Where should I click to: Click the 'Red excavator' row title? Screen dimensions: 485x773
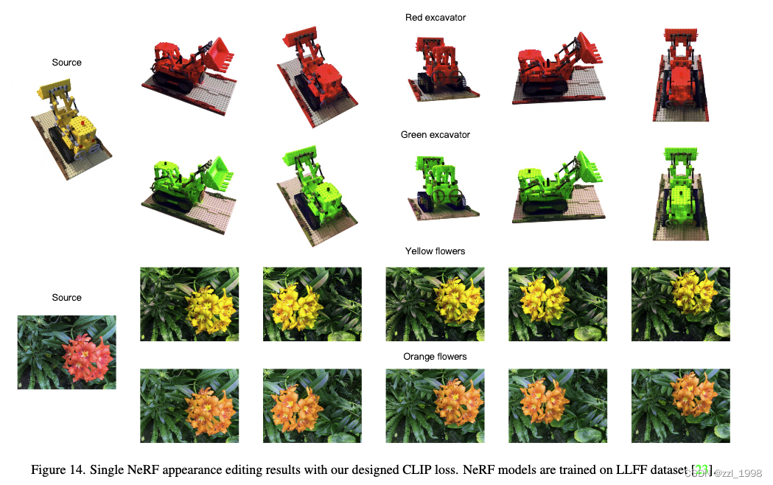pyautogui.click(x=435, y=18)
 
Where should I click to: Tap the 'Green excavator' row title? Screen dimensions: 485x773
pyautogui.click(x=435, y=135)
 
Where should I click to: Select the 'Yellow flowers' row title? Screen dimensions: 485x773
pyautogui.click(x=435, y=251)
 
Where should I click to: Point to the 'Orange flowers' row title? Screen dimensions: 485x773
pyautogui.click(x=435, y=357)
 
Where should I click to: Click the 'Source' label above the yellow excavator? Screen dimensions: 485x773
pyautogui.click(x=66, y=63)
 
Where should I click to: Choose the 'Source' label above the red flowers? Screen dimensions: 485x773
pyautogui.click(x=66, y=298)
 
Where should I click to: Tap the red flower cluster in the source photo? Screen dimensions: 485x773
pyautogui.click(x=86, y=352)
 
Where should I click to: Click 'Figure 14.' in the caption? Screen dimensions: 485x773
pyautogui.click(x=58, y=470)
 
